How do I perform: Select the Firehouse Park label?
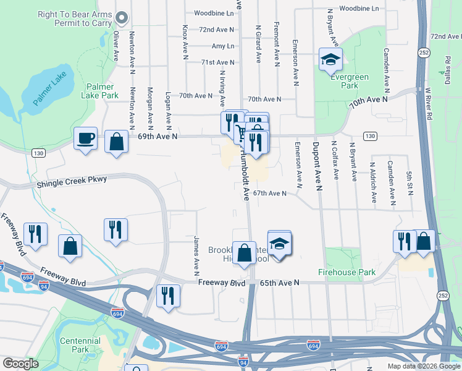[x=346, y=272]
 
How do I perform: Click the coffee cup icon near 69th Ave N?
[x=85, y=137]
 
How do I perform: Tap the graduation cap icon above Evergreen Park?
[x=330, y=59]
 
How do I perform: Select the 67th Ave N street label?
[x=269, y=193]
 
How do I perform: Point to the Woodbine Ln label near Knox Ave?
[x=214, y=12]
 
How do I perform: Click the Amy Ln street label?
[x=223, y=46]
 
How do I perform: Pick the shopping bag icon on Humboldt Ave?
[x=244, y=252]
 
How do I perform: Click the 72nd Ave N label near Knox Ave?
[x=216, y=29]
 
